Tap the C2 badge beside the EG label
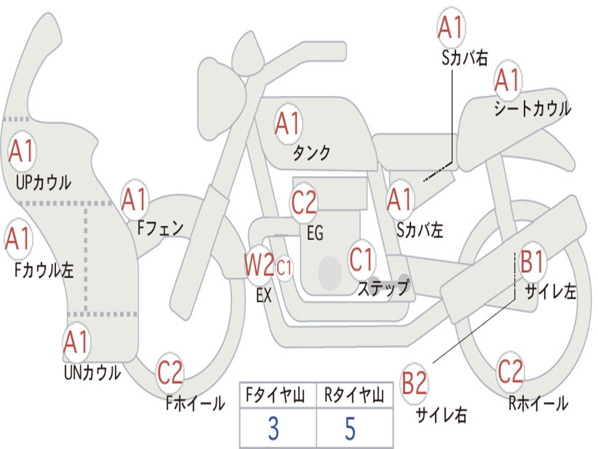tap(304, 202)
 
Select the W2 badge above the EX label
tap(259, 264)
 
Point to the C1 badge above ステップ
tap(361, 260)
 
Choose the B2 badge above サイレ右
tap(414, 383)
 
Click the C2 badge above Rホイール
tap(510, 371)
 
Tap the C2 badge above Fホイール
tap(170, 372)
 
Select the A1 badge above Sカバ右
tap(451, 27)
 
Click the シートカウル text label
tap(533, 108)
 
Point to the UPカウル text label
tap(43, 182)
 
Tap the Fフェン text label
tap(161, 228)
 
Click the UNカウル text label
tap(92, 372)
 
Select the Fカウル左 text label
tap(44, 270)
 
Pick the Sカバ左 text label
tap(420, 230)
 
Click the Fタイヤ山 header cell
tap(278, 395)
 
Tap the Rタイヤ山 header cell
tap(354, 395)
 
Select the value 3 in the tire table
tap(273, 428)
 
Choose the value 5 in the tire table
tap(350, 428)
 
